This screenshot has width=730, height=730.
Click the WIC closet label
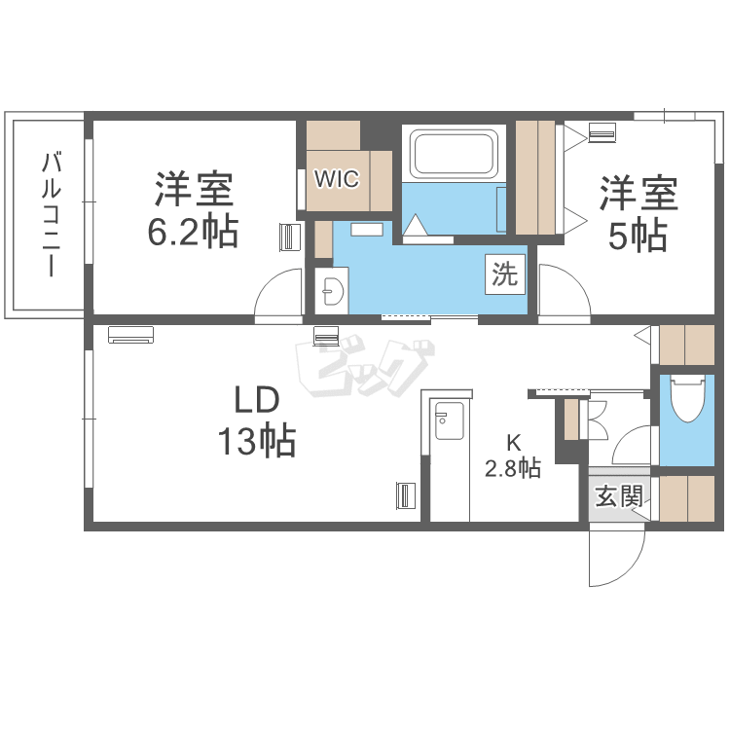[x=337, y=178]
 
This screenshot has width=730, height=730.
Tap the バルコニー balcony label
[x=52, y=214]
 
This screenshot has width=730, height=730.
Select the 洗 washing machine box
[x=505, y=274]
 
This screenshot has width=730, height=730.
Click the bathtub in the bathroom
[x=454, y=154]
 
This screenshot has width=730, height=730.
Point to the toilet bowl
[x=687, y=398]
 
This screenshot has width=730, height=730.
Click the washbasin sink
[x=333, y=292]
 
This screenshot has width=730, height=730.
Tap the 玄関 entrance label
[x=619, y=496]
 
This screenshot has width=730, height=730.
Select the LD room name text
[x=257, y=400]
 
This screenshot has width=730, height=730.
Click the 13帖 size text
[x=257, y=440]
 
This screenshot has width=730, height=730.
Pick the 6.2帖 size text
[x=193, y=231]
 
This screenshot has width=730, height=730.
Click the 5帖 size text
[x=638, y=236]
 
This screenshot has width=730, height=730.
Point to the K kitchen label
[x=514, y=443]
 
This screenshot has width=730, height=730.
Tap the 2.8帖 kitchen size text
[x=513, y=468]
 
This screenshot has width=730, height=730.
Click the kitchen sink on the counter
[x=449, y=420]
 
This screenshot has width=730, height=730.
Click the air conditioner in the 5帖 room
[x=602, y=132]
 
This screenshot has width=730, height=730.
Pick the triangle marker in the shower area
[x=415, y=226]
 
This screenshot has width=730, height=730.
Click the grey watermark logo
[x=365, y=368]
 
